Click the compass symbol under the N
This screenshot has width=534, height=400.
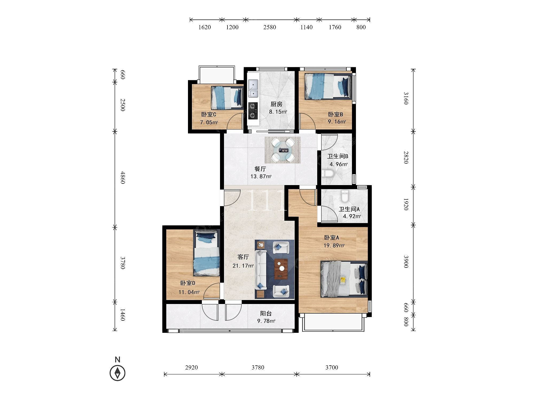click(x=117, y=373)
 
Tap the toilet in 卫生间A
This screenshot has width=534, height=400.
click(x=345, y=196)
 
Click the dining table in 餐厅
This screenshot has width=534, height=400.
click(x=283, y=150)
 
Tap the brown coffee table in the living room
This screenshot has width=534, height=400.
click(x=281, y=269)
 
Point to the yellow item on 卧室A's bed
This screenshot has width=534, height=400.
click(x=343, y=280)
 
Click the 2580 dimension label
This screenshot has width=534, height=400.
click(x=269, y=27)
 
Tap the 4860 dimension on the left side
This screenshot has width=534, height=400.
click(x=122, y=177)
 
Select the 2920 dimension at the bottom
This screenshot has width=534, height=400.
click(x=191, y=367)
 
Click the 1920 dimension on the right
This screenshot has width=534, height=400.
click(x=406, y=204)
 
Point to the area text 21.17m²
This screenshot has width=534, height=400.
click(x=243, y=266)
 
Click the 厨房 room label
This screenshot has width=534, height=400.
click(x=277, y=104)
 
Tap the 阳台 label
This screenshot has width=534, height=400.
click(x=266, y=314)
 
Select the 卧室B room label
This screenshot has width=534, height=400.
click(x=336, y=114)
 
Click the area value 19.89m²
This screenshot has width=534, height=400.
click(x=334, y=245)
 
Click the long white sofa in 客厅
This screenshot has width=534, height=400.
click(x=261, y=270)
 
